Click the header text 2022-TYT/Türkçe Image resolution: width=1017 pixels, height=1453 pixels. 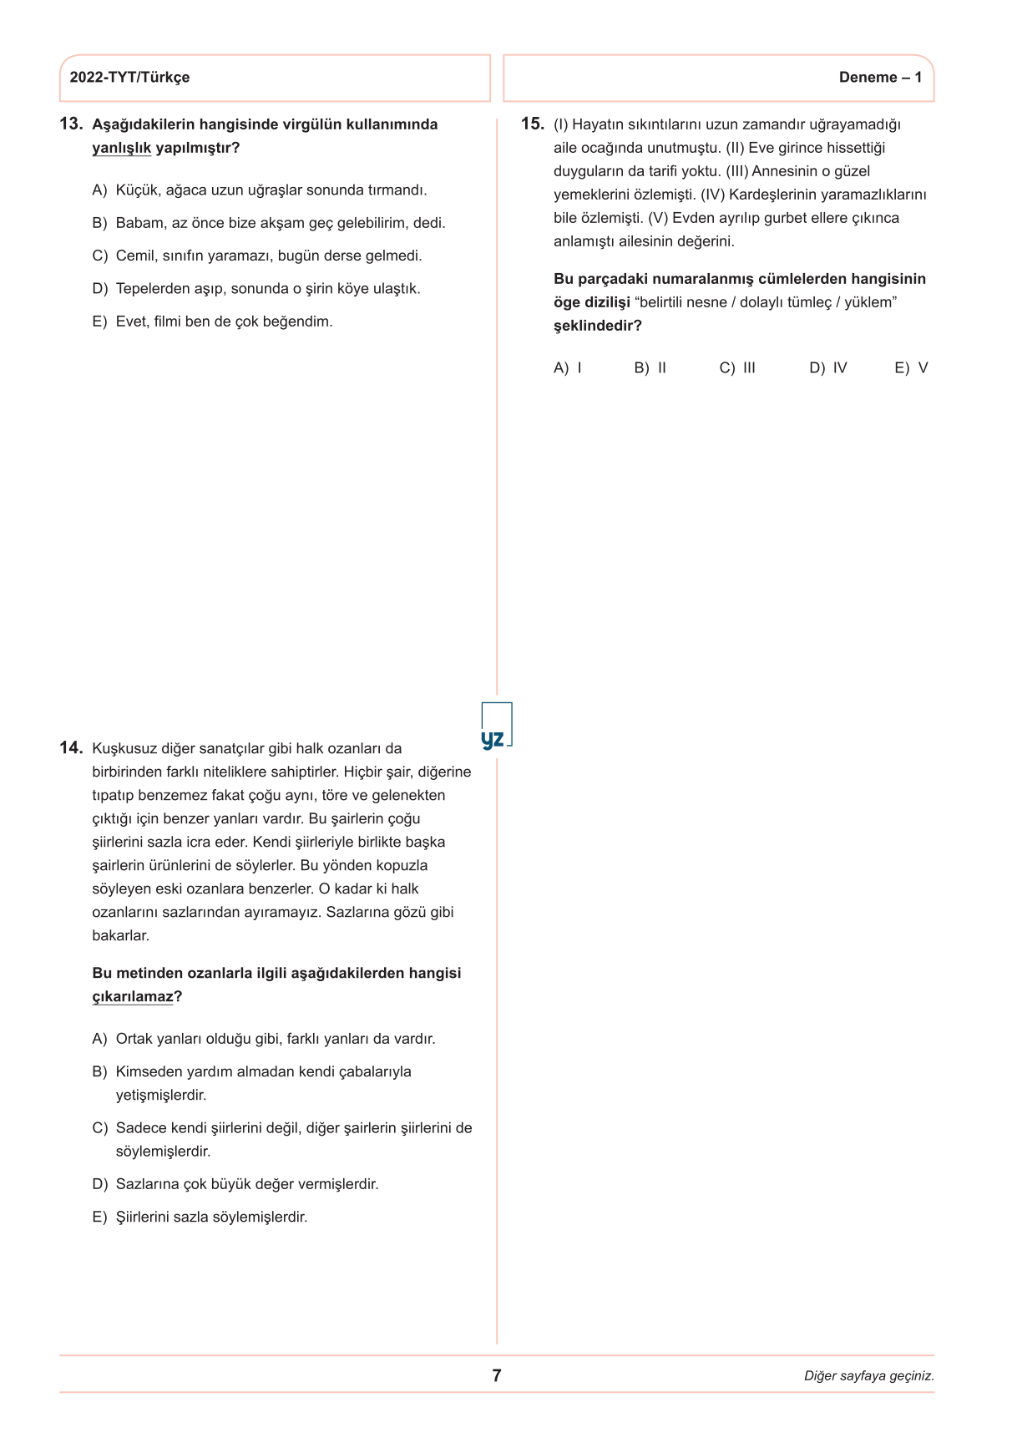[129, 78]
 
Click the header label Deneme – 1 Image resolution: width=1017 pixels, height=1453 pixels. [880, 78]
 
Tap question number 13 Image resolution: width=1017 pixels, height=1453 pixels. [71, 124]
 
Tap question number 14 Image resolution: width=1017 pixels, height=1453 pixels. [71, 748]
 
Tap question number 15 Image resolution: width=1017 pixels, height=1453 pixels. [532, 124]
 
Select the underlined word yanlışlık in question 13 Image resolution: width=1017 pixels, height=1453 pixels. [121, 148]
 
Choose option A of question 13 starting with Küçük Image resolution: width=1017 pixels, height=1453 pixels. [260, 190]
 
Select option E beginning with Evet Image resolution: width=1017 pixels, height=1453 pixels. [212, 321]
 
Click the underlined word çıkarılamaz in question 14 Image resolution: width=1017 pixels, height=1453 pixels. [133, 996]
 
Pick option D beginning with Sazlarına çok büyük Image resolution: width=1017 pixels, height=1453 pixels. [235, 1184]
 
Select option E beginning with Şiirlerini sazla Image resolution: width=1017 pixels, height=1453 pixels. [200, 1217]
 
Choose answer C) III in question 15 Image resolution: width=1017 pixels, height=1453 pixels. [737, 368]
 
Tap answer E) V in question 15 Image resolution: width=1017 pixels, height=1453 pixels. [911, 368]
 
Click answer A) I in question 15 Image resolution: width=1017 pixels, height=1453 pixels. [568, 368]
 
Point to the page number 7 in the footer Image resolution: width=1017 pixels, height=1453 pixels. [497, 1375]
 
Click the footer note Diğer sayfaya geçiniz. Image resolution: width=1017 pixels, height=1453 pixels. [868, 1376]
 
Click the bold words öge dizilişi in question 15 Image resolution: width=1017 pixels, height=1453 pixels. [591, 302]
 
